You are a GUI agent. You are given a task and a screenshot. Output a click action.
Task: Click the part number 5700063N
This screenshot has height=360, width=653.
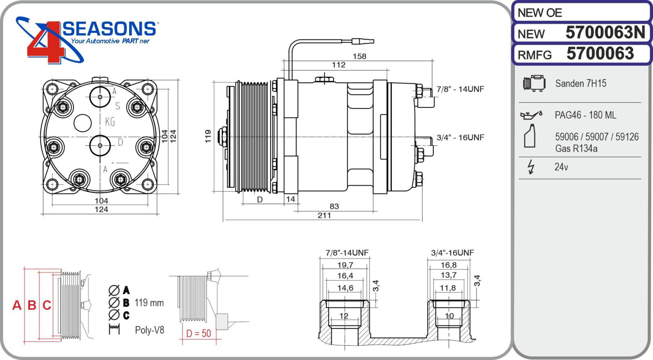605,33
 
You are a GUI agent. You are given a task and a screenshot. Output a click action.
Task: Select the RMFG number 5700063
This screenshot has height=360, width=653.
600,54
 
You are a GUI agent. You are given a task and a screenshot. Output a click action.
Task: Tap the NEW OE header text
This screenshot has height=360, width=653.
540,13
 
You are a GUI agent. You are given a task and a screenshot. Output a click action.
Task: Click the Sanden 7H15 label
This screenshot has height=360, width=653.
580,84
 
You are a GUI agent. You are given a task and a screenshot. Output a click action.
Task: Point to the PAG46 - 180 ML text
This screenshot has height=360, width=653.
585,115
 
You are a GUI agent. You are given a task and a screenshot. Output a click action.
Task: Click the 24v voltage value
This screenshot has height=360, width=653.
561,167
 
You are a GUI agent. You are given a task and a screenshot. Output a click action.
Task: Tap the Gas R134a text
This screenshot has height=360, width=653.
576,149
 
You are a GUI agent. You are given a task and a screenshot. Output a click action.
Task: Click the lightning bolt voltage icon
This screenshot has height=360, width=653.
531,167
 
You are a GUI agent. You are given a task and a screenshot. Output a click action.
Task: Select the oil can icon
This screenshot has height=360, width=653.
531,116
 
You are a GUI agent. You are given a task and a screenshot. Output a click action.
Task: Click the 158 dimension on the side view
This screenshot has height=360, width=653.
359,56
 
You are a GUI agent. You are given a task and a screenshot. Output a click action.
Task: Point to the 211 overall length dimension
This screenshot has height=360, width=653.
324,215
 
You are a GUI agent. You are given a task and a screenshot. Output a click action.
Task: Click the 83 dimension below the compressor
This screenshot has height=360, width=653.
334,206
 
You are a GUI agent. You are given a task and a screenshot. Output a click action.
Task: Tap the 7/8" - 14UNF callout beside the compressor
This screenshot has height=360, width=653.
460,89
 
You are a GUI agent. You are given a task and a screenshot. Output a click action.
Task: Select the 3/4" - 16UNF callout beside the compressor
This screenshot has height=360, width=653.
460,138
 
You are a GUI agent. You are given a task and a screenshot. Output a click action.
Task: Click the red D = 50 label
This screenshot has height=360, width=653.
198,333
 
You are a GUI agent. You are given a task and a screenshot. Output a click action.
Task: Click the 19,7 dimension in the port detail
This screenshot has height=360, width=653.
345,265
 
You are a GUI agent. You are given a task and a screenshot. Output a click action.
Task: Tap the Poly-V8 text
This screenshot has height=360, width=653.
149,330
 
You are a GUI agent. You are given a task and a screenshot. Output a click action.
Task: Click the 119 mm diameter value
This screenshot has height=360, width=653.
149,303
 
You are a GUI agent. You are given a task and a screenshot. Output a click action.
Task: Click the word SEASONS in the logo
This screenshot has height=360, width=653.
109,29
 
